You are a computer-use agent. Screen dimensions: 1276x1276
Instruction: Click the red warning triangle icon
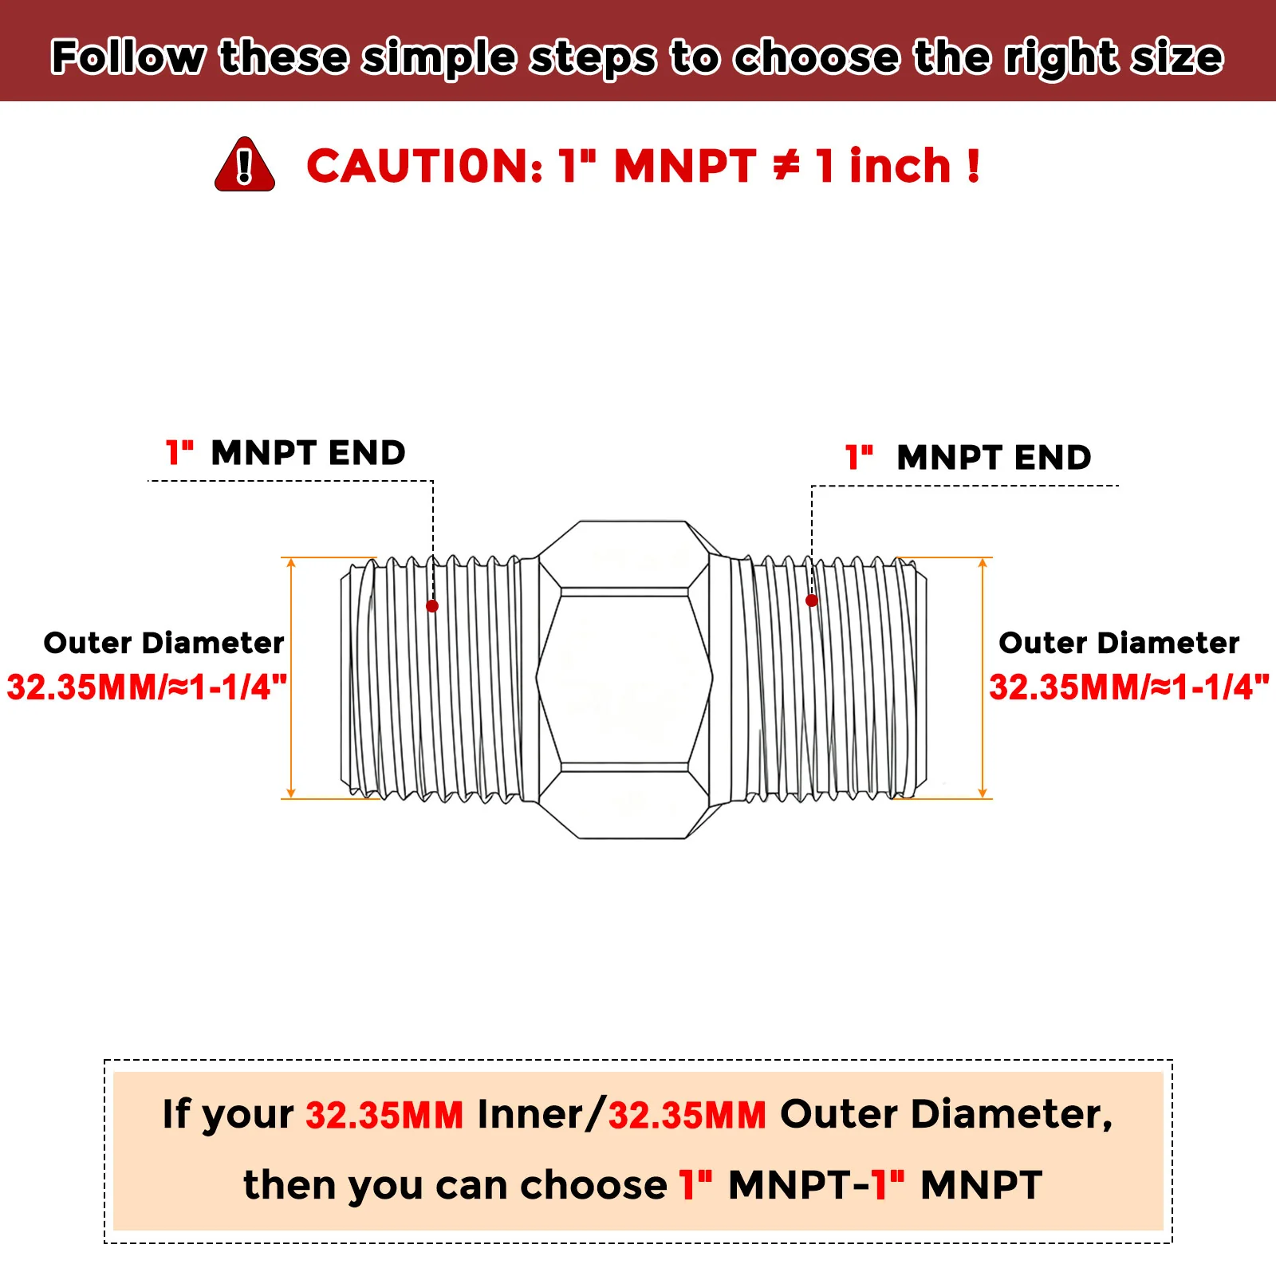click(x=245, y=164)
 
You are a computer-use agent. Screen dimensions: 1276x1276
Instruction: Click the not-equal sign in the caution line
click(x=786, y=166)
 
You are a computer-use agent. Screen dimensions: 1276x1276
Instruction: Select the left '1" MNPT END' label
click(x=286, y=452)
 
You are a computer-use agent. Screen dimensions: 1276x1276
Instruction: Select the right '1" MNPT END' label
click(x=968, y=457)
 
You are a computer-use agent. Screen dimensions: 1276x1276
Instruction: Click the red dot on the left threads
click(x=432, y=606)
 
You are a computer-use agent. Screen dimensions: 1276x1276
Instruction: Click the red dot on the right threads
click(x=812, y=601)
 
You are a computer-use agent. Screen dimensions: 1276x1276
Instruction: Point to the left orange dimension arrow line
click(x=291, y=678)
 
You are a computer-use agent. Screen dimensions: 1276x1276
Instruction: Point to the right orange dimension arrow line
click(x=983, y=678)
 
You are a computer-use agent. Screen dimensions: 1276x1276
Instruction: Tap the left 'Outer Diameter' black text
click(x=163, y=643)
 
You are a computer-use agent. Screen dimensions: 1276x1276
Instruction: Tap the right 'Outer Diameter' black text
click(x=1119, y=643)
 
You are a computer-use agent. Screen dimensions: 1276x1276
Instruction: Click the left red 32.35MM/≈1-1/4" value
click(x=147, y=687)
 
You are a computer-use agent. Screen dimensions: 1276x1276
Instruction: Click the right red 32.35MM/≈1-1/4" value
click(x=1129, y=687)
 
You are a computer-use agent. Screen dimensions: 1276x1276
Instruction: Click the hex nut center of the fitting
click(x=624, y=679)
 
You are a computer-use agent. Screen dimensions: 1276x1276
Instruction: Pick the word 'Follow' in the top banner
click(x=128, y=57)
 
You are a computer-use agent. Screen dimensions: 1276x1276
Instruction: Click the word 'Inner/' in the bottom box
click(x=541, y=1114)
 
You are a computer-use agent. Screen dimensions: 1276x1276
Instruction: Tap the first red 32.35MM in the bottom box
click(x=384, y=1115)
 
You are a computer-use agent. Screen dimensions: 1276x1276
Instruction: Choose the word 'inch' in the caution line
click(x=900, y=166)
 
